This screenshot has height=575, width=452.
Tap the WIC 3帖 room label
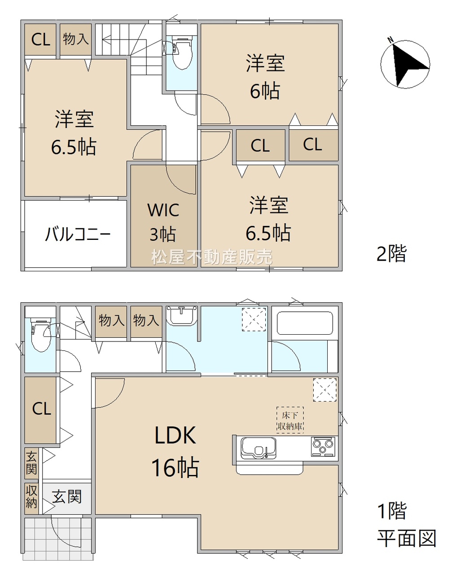(163, 222)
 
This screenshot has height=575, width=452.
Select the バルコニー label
(78, 234)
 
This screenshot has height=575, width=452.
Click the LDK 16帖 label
(176, 451)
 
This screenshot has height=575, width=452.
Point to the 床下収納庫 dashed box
(290, 420)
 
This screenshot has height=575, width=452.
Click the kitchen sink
(259, 448)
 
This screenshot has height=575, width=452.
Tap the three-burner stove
(323, 447)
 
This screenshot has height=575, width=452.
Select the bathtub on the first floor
(305, 323)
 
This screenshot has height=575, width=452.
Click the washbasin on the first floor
(182, 316)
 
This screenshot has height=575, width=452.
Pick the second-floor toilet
(182, 53)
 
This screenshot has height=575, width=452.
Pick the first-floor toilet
(41, 334)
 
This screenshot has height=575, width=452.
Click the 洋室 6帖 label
(265, 77)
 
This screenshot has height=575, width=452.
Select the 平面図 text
(406, 538)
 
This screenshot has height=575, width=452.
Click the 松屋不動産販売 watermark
(212, 257)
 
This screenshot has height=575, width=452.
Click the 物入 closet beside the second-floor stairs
(75, 39)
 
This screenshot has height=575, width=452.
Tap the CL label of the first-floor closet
(41, 409)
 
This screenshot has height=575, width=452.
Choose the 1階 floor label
(391, 510)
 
